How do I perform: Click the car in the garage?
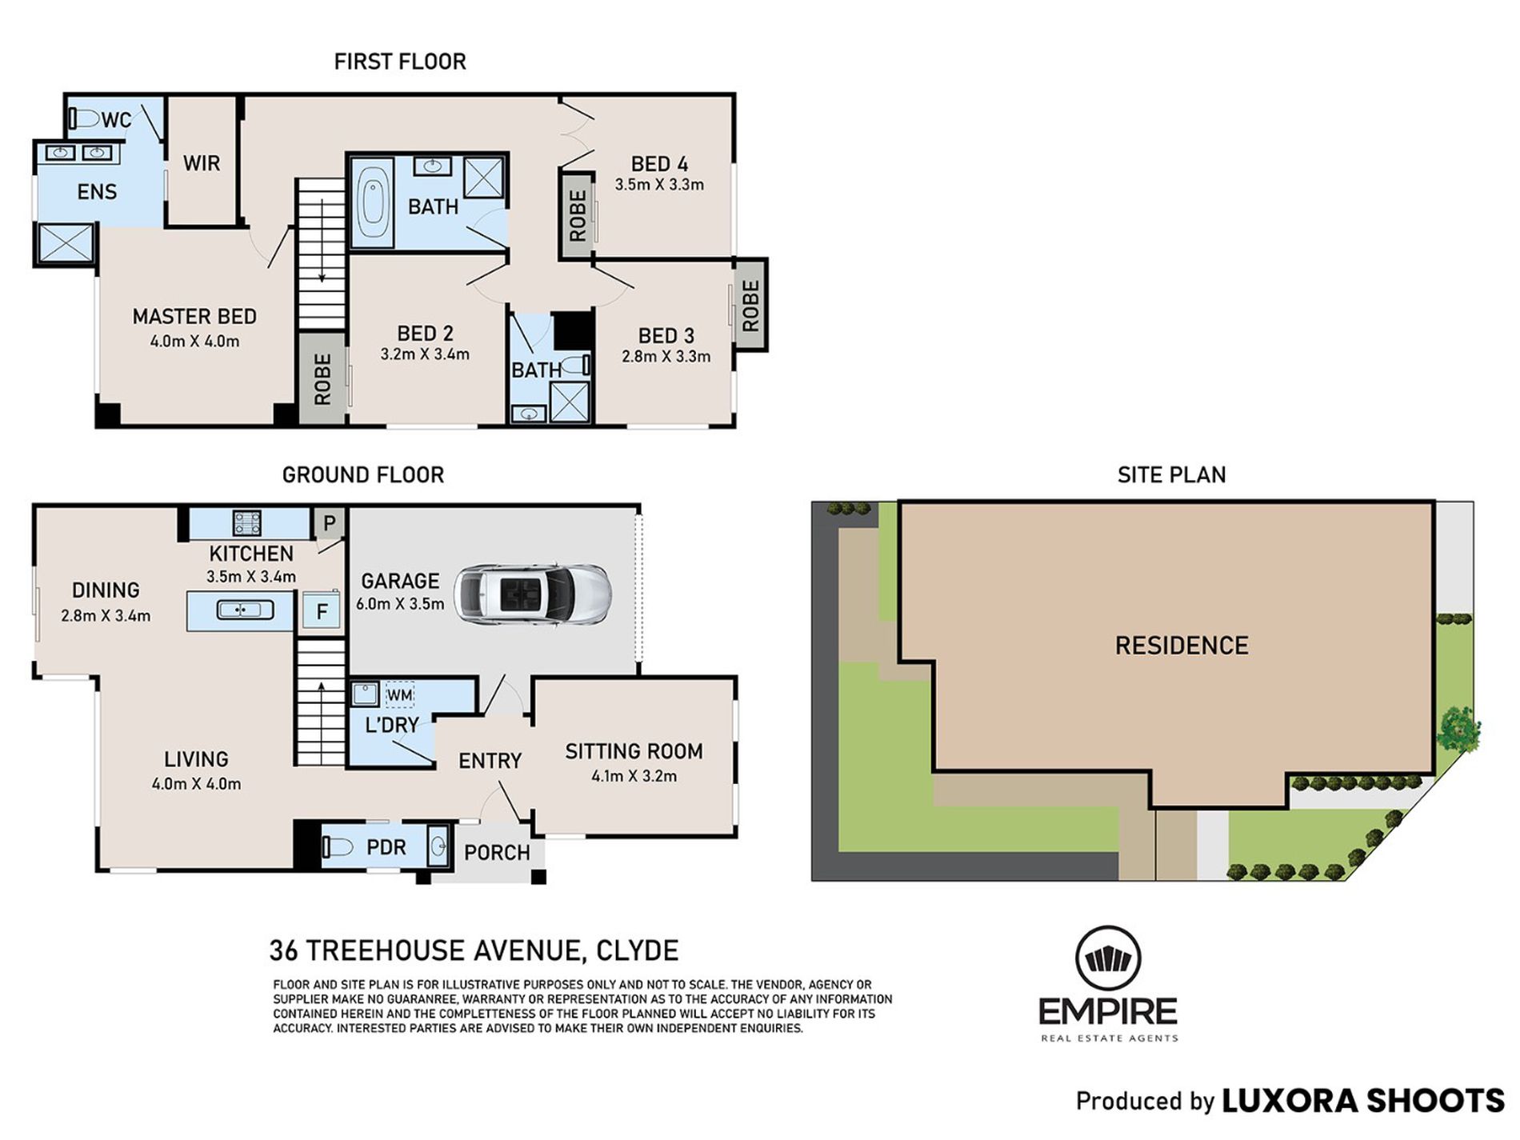(533, 594)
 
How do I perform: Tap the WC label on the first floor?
(116, 120)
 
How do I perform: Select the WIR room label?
(202, 163)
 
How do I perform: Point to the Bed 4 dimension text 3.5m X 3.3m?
(659, 185)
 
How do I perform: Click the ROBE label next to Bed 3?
(750, 306)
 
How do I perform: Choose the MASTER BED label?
(194, 317)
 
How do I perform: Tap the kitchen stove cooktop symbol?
(246, 523)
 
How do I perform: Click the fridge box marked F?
(322, 612)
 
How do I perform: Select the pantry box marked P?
(329, 523)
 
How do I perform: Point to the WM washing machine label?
(399, 695)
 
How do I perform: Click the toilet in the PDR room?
(339, 847)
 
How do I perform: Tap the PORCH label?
(497, 853)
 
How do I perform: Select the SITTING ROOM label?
(634, 751)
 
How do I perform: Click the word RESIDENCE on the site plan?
(1182, 646)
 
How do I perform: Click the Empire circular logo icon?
(1108, 958)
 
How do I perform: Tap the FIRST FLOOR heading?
(400, 62)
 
